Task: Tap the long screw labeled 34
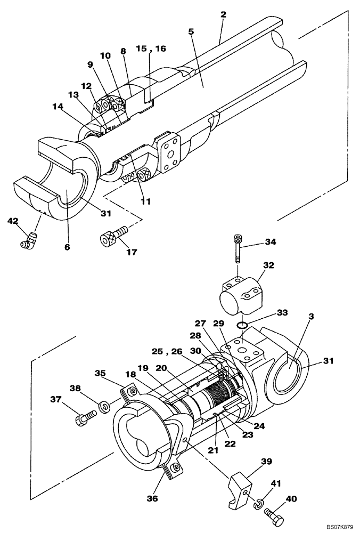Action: click(238, 249)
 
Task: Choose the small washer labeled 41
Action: click(259, 502)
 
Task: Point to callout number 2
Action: click(223, 14)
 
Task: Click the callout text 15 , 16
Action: click(150, 49)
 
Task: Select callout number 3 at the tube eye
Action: click(311, 316)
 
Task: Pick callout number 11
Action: click(145, 201)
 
